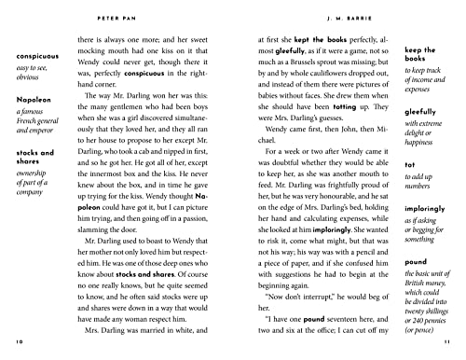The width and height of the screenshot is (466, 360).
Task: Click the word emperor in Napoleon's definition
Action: pyautogui.click(x=31, y=155)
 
